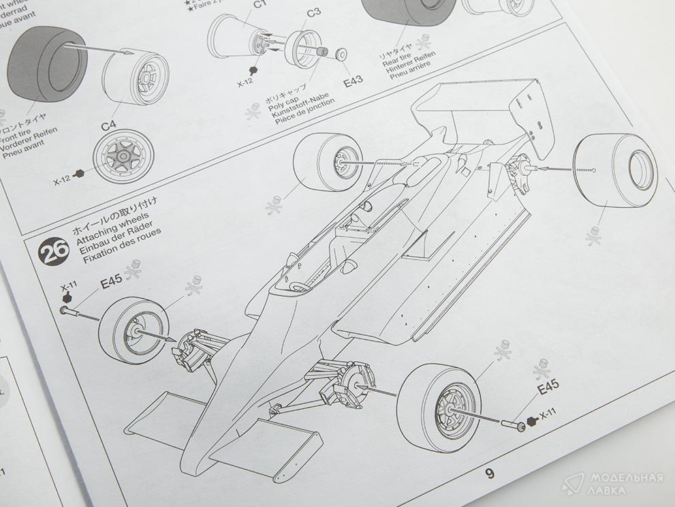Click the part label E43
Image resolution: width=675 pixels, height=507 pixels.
[353, 80]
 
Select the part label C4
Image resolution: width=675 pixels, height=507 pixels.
[109, 126]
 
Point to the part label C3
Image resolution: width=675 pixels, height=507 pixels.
[313, 12]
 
